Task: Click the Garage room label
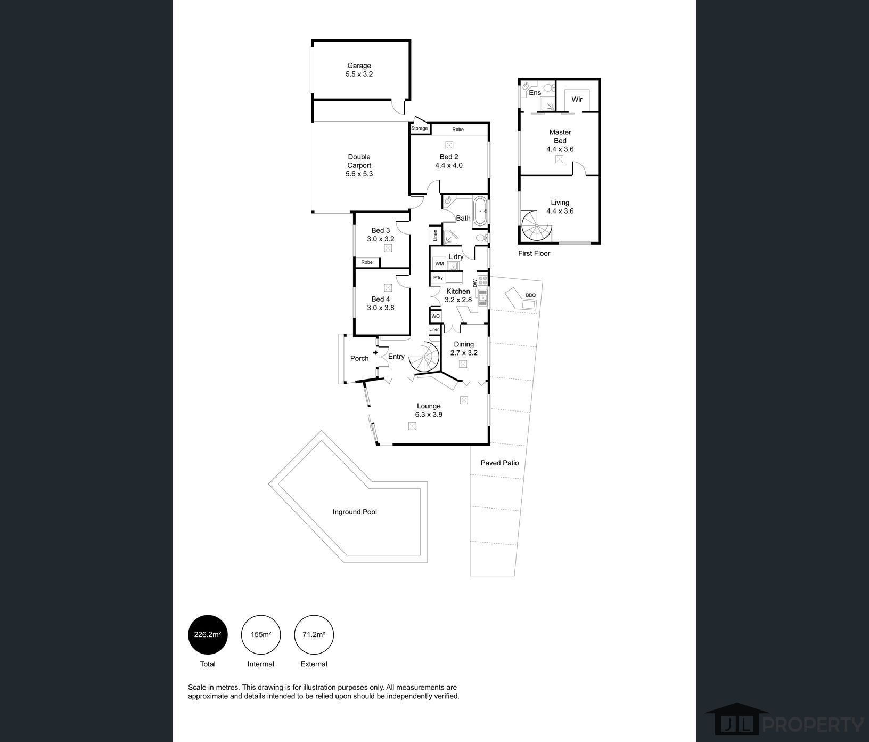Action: (x=359, y=66)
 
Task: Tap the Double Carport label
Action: (x=359, y=161)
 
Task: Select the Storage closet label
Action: (x=420, y=128)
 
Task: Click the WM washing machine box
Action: (x=439, y=264)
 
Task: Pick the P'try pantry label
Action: (x=438, y=278)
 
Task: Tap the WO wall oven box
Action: (x=436, y=316)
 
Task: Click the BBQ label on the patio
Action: (x=530, y=295)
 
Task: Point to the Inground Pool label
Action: (x=355, y=512)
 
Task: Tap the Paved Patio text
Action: (x=499, y=463)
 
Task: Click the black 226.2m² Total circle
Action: (x=208, y=635)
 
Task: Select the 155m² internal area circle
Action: (x=261, y=635)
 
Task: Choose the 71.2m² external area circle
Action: (x=314, y=635)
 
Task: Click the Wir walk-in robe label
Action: (x=577, y=99)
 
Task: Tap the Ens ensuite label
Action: (x=535, y=93)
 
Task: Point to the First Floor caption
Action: (x=534, y=253)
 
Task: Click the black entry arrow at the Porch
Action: (x=375, y=352)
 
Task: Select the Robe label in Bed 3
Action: (x=367, y=262)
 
